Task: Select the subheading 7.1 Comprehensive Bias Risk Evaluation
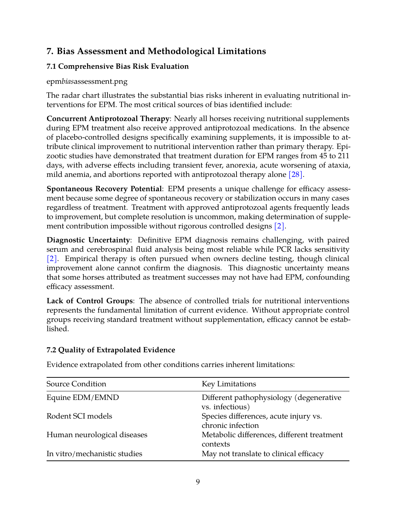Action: [118, 67]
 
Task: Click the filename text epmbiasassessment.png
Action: [87, 82]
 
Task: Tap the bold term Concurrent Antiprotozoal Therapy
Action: [108, 119]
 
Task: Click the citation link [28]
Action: [296, 175]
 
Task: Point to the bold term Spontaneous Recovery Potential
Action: [104, 189]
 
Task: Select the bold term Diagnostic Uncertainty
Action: [88, 240]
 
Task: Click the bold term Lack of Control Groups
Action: [90, 301]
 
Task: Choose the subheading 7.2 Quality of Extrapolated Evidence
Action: [111, 350]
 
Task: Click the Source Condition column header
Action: [76, 384]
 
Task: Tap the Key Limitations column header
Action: [229, 384]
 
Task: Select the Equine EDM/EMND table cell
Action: [83, 398]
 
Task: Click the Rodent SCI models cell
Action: [79, 416]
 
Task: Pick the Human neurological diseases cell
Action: [97, 435]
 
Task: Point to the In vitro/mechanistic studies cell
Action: [94, 454]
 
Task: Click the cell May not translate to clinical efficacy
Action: [262, 454]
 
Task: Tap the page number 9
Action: [198, 482]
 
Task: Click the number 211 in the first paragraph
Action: [343, 156]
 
